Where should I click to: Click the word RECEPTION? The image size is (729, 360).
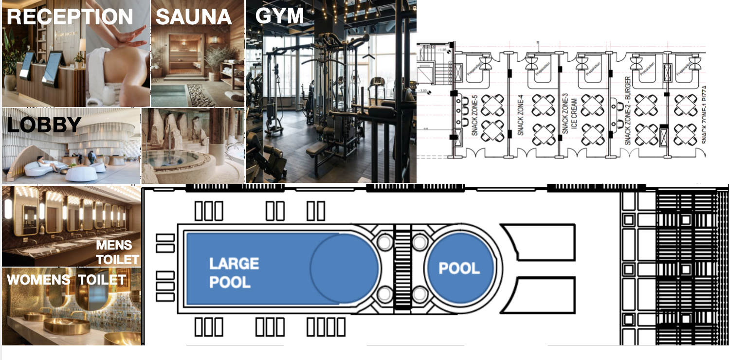[70, 17]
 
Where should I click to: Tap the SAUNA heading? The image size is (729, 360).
[193, 17]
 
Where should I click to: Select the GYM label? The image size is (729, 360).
[279, 16]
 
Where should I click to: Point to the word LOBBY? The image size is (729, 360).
[44, 125]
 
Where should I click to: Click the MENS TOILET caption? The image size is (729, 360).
[117, 252]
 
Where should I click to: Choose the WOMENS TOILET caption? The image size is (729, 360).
[66, 280]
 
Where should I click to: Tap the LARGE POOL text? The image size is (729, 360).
[234, 272]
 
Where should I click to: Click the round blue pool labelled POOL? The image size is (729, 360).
[459, 268]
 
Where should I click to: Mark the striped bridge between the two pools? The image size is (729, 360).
[402, 268]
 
